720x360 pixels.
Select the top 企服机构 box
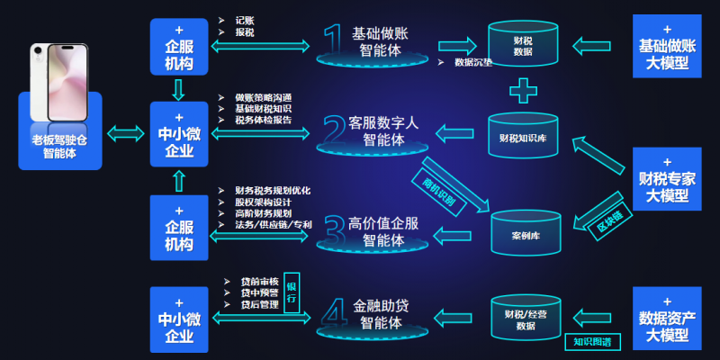178,48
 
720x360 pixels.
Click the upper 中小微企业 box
178,136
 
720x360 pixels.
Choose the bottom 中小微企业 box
178,319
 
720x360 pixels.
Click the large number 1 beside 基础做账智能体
333,40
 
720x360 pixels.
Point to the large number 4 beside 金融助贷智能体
334,311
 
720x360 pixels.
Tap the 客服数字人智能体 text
382,131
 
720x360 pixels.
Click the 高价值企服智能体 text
382,231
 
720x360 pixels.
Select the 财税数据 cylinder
523,50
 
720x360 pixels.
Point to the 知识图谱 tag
587,342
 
